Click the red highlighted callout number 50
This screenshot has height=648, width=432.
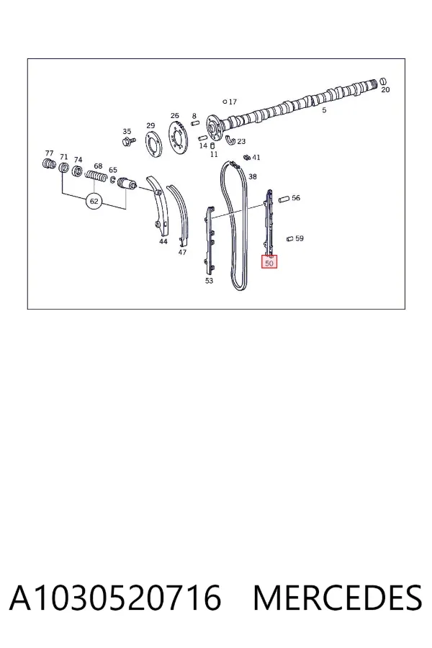[x=269, y=262]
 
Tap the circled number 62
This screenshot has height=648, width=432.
[x=94, y=202]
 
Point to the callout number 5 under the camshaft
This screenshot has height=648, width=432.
[x=324, y=110]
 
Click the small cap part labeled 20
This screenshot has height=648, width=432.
[x=383, y=81]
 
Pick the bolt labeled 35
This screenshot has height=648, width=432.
[x=127, y=142]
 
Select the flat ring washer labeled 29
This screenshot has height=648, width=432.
[x=153, y=143]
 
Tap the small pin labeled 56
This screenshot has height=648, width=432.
[x=284, y=199]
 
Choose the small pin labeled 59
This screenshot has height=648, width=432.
[x=289, y=238]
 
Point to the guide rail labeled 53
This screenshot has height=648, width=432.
[x=210, y=240]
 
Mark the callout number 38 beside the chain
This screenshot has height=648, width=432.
[x=253, y=176]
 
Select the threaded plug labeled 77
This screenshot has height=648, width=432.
[x=49, y=163]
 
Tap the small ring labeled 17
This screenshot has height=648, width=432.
[x=225, y=102]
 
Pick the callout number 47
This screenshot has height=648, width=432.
[x=182, y=252]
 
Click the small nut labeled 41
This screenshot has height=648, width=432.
[x=247, y=158]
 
